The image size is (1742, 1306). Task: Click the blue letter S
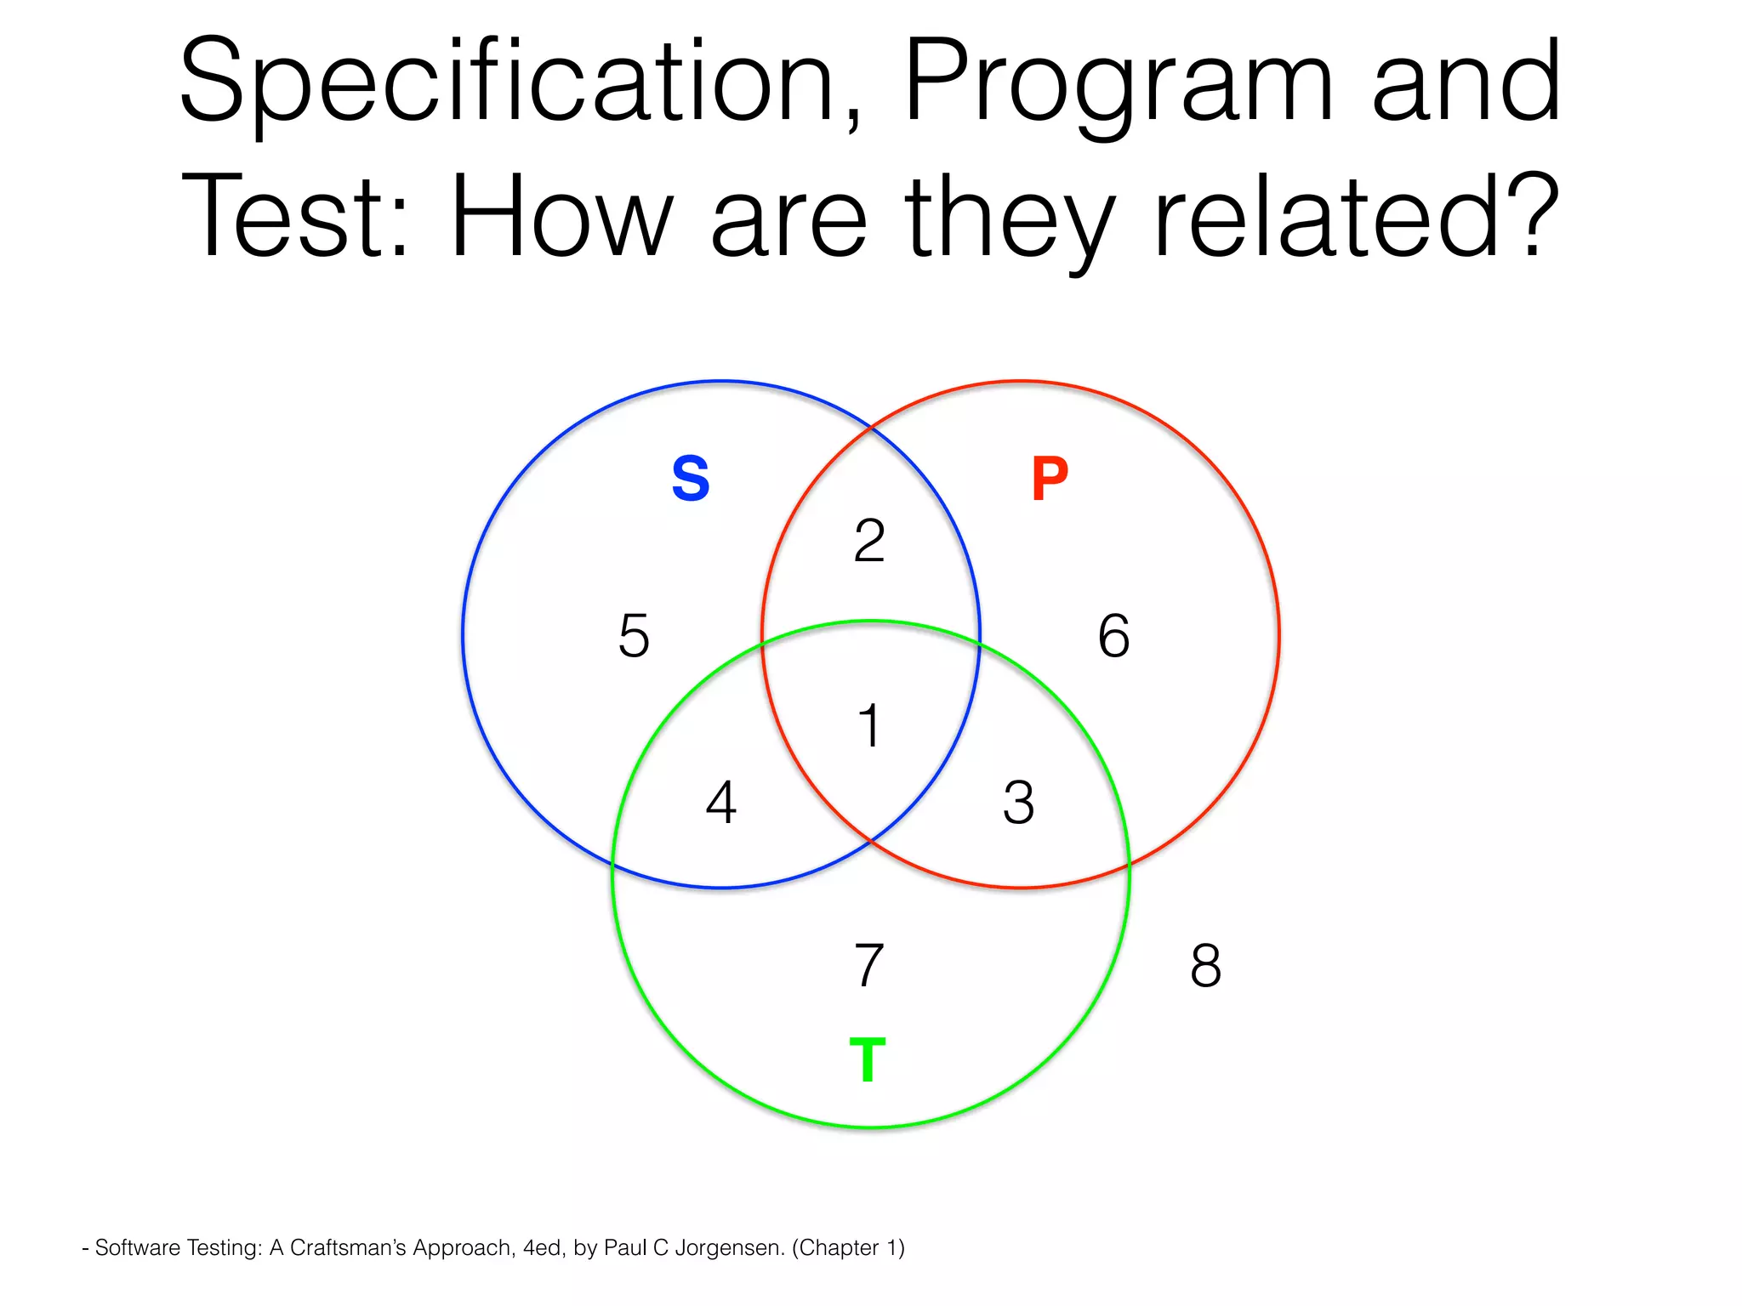[690, 478]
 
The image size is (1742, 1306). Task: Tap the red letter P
[1049, 478]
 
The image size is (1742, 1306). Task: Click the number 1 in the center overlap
[868, 725]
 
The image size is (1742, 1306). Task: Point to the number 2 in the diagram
[869, 541]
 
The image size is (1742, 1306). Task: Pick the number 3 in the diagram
[1018, 802]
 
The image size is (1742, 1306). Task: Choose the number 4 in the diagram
[721, 802]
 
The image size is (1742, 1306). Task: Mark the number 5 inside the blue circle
[634, 636]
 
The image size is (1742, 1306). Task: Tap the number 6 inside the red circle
[1113, 636]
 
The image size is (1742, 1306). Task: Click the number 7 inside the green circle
[868, 965]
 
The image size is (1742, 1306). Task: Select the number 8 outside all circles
[1205, 965]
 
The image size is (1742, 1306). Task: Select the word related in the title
[1326, 216]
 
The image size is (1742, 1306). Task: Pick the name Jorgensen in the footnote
[729, 1248]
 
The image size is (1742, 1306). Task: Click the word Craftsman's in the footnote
[348, 1248]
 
